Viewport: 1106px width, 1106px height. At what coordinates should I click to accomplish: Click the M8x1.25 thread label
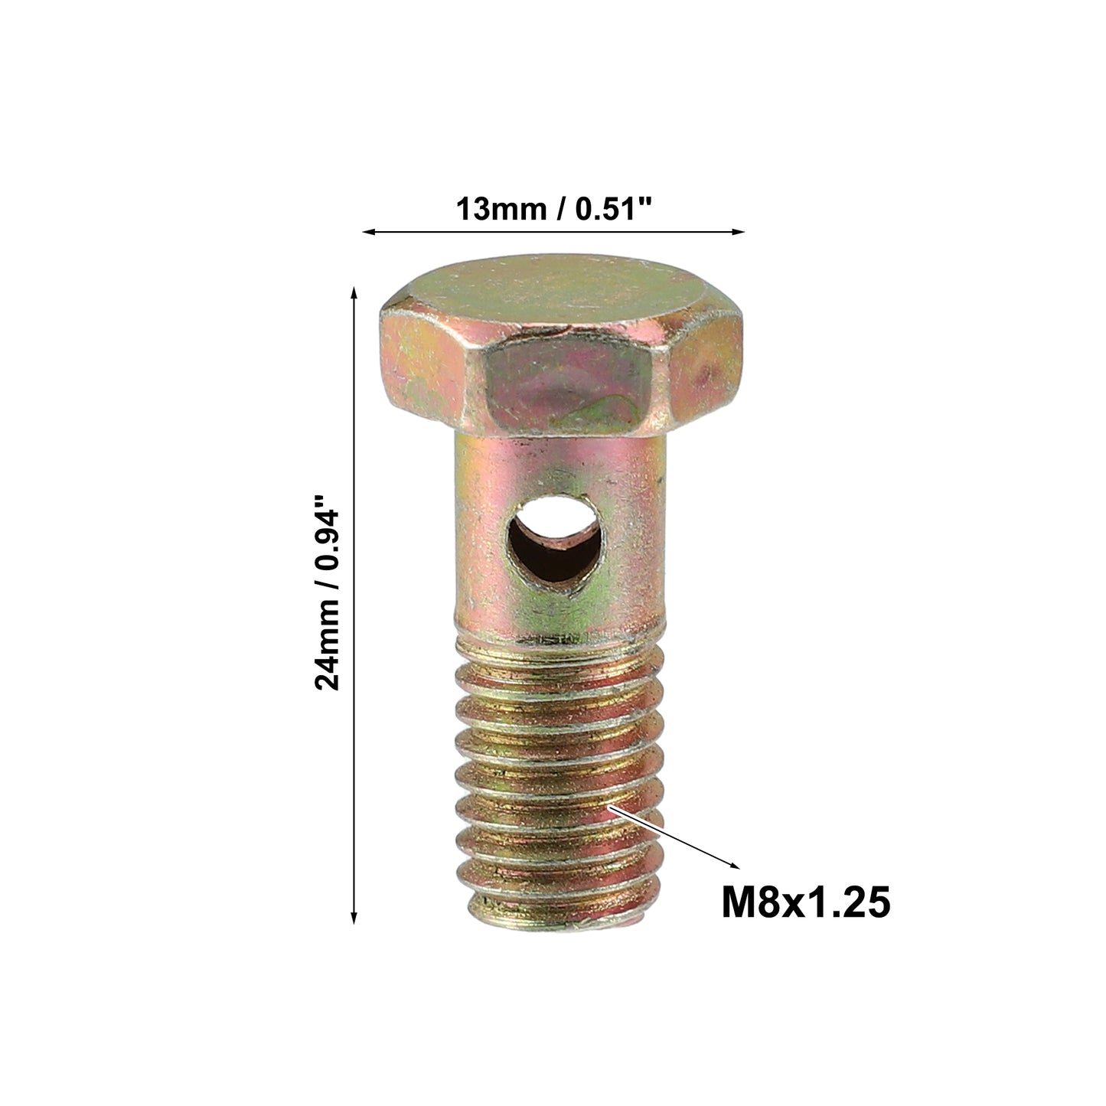(x=806, y=902)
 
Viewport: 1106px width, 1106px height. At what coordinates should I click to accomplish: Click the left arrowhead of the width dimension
(x=368, y=232)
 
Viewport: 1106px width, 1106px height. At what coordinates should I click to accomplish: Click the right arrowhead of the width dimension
(x=738, y=232)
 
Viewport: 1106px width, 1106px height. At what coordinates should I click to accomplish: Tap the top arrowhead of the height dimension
(x=354, y=292)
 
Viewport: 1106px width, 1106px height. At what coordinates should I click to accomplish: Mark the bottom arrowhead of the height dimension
(x=354, y=918)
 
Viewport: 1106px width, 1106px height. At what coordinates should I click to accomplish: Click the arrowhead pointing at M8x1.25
(x=734, y=881)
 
